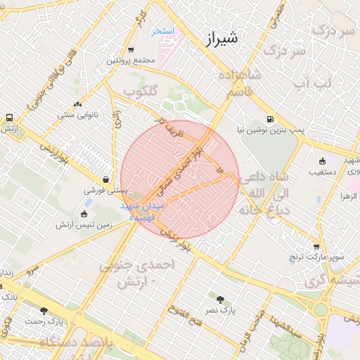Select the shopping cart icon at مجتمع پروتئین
pos(131,49)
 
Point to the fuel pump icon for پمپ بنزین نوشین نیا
pos(269,120)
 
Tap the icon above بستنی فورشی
pos(105,179)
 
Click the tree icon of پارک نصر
pos(221,299)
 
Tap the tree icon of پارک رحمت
pos(44,311)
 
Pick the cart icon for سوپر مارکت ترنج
pos(316,247)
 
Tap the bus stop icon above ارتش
pos(10,118)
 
